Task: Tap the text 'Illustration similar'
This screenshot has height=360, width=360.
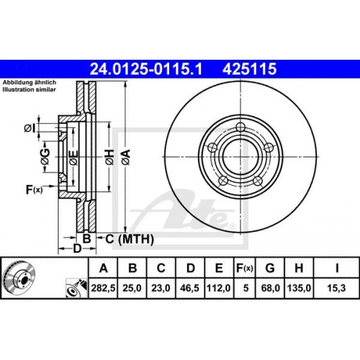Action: point(30,91)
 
